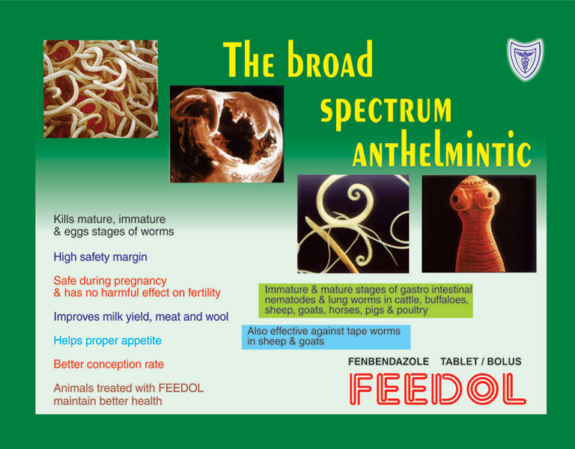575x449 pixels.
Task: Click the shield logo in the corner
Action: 525,59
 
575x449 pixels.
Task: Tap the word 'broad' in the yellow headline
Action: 330,59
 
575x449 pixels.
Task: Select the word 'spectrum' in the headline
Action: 386,112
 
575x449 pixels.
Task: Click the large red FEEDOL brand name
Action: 438,389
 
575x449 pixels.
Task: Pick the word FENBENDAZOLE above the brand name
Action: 389,361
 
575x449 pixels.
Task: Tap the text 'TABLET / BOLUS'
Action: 481,361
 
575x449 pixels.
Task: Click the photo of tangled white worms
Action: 101,89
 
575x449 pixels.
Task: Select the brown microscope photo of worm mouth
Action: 227,134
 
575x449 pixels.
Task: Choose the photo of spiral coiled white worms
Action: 353,224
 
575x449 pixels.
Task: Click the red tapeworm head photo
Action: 479,224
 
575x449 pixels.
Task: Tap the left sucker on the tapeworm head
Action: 457,199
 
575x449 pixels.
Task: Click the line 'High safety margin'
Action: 100,257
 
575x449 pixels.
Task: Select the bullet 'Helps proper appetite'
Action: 108,340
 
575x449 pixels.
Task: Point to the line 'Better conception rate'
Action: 109,364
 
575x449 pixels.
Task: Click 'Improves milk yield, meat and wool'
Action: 142,317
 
